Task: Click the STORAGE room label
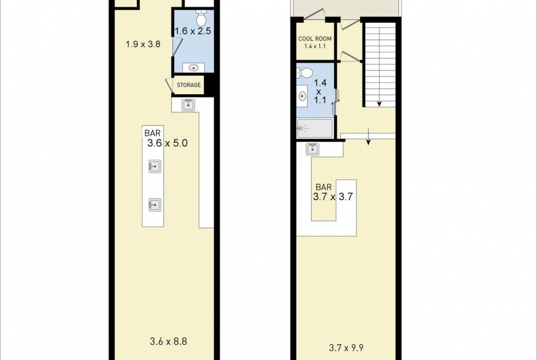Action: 189,85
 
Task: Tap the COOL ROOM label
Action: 315,39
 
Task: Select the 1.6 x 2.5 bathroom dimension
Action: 193,31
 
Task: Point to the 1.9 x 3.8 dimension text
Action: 143,44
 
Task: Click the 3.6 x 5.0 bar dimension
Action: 168,143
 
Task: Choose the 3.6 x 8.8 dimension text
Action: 168,341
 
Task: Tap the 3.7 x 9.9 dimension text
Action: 346,348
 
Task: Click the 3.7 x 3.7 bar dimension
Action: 333,197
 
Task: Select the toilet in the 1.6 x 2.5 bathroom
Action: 201,18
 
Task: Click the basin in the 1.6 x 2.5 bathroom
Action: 194,68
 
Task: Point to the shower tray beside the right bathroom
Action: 315,128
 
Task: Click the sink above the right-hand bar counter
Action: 313,149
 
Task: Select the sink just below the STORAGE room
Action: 188,105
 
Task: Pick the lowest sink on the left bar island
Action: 155,205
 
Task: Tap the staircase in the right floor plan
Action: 380,65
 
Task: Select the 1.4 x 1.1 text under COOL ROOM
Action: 315,46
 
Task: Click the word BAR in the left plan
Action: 152,133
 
